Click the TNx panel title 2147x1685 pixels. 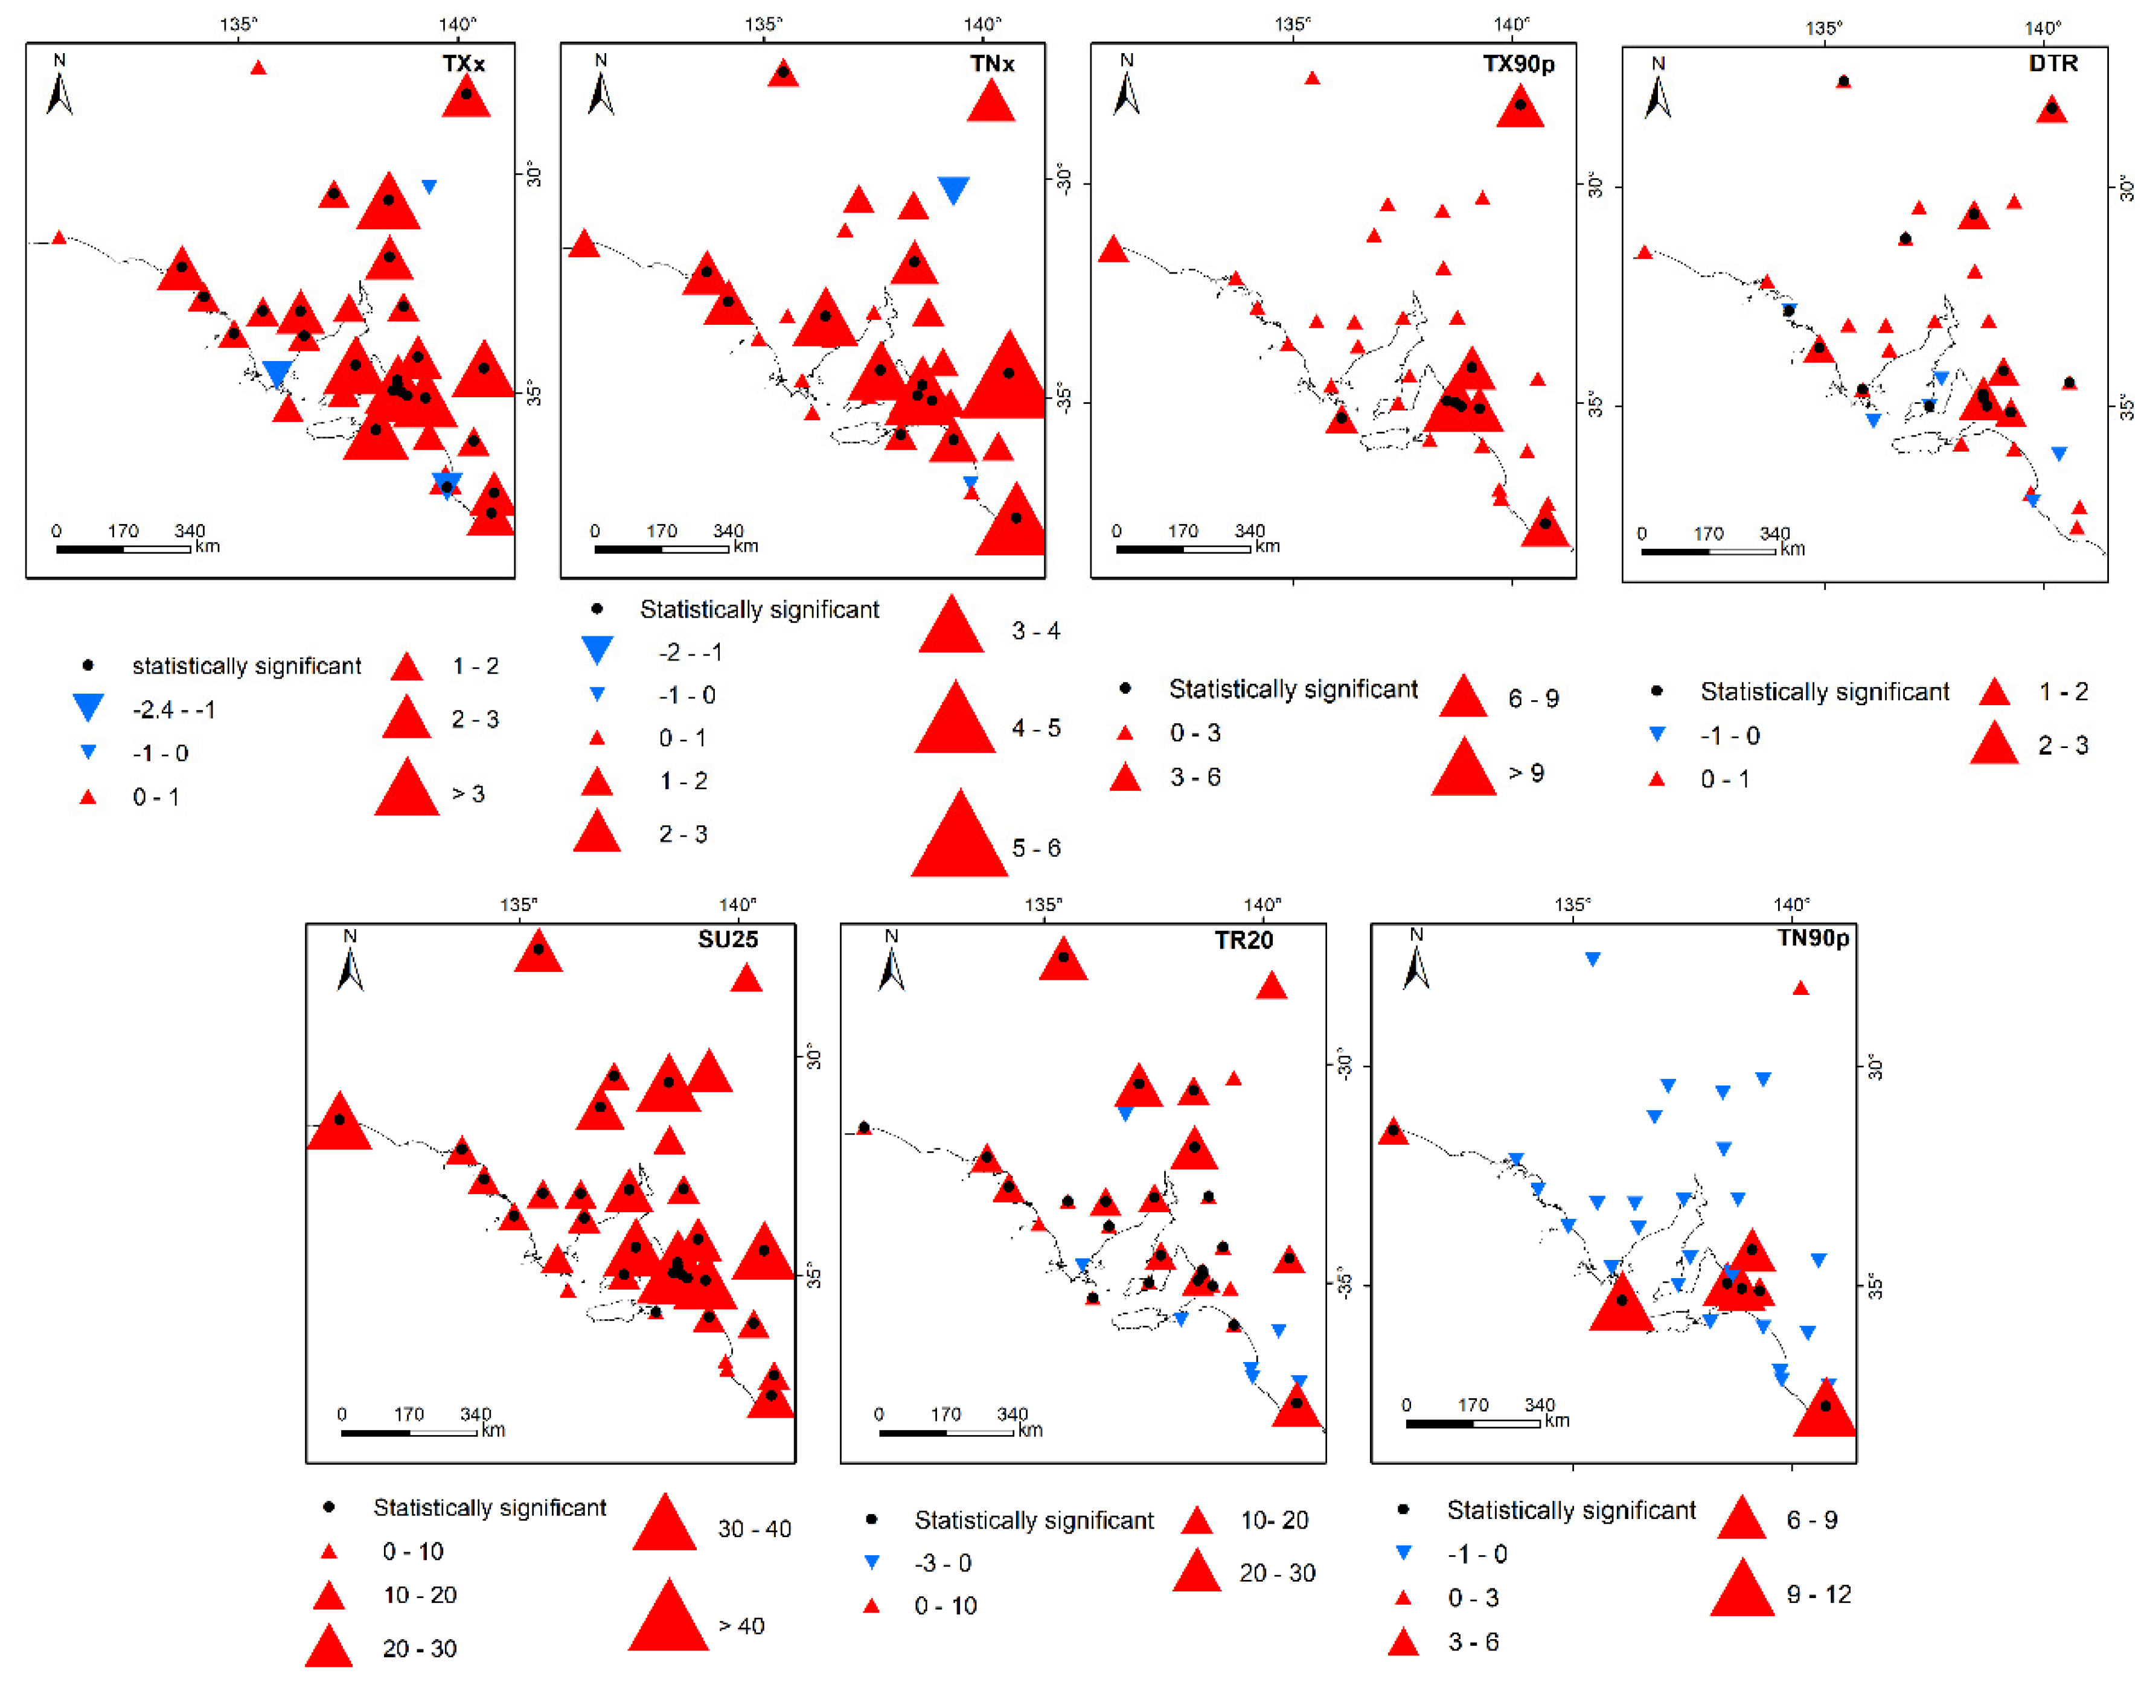point(991,64)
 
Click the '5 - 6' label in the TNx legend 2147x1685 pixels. point(1036,848)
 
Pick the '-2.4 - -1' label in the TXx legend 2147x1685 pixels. point(174,709)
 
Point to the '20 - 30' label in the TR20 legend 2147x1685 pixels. point(1277,1573)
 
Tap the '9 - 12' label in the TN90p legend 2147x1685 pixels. point(1819,1594)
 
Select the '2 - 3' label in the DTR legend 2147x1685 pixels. point(2063,746)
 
